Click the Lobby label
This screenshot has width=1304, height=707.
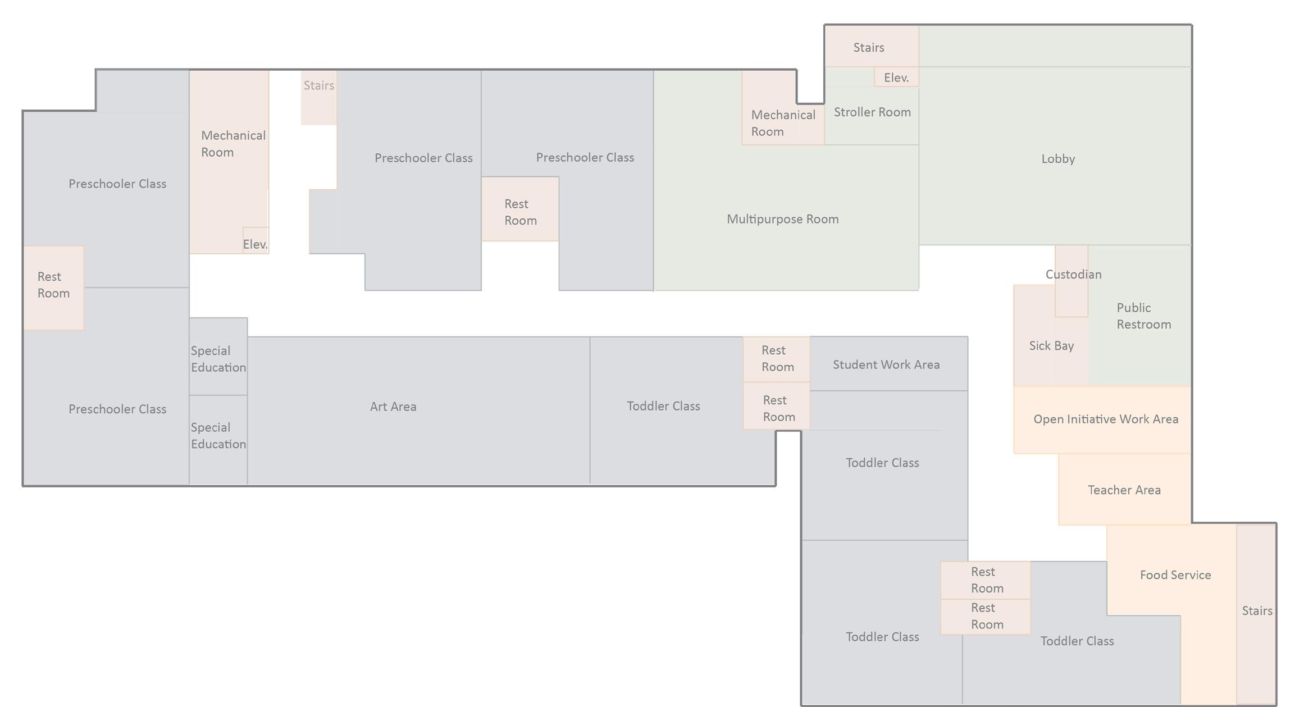pyautogui.click(x=1058, y=159)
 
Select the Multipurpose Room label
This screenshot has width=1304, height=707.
pyautogui.click(x=782, y=219)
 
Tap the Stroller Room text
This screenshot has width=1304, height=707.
pyautogui.click(x=872, y=112)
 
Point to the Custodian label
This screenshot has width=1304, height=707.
pyautogui.click(x=1073, y=275)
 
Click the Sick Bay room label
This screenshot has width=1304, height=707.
pyautogui.click(x=1051, y=346)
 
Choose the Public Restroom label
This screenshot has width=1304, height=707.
pyautogui.click(x=1143, y=316)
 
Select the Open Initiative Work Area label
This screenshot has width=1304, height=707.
pyautogui.click(x=1105, y=419)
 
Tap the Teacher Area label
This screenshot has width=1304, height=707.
pyautogui.click(x=1124, y=490)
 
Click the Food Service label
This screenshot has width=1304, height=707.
pyautogui.click(x=1175, y=575)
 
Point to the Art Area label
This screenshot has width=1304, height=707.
pyautogui.click(x=393, y=407)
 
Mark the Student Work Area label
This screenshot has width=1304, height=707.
pyautogui.click(x=886, y=365)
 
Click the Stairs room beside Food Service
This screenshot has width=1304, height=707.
pyautogui.click(x=1257, y=611)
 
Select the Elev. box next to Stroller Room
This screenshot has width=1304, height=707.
pyautogui.click(x=896, y=77)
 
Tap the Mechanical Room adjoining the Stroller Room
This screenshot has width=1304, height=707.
pyautogui.click(x=783, y=123)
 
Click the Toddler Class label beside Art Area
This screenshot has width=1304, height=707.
pyautogui.click(x=663, y=406)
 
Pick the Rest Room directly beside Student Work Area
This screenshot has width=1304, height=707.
pyautogui.click(x=777, y=359)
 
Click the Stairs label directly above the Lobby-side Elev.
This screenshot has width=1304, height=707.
pyautogui.click(x=869, y=48)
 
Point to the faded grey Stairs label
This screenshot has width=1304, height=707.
pyautogui.click(x=319, y=85)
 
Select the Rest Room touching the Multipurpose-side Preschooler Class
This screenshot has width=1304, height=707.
pyautogui.click(x=520, y=212)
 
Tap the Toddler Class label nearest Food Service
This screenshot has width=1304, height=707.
pyautogui.click(x=1077, y=641)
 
